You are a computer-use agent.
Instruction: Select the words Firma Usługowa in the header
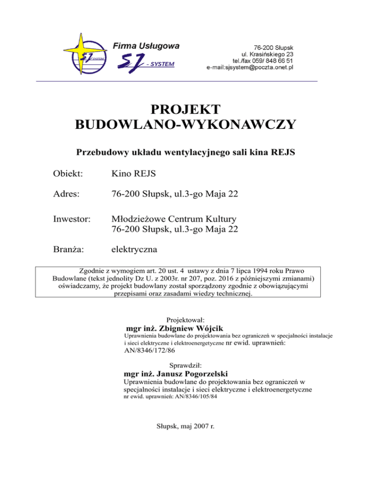(146, 46)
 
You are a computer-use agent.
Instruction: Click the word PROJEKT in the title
(185, 109)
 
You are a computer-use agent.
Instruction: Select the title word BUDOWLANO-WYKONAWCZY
(185, 126)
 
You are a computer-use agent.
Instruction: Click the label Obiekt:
(69, 173)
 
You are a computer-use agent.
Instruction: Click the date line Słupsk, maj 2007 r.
(185, 427)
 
